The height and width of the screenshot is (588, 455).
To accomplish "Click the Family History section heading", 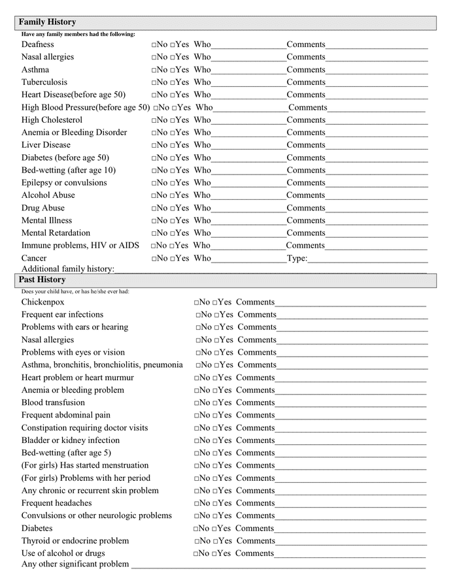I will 47,22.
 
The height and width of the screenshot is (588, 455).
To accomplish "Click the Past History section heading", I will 42,280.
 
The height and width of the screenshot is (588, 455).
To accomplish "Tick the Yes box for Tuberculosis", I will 173,83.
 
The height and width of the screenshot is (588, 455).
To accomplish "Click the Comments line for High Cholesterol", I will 377,121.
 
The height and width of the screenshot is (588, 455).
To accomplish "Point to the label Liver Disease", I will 46,145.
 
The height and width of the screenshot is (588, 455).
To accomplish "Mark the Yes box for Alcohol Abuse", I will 173,196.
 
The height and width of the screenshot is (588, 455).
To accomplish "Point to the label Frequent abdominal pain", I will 65,415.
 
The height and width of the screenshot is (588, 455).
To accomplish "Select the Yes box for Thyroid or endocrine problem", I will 216,542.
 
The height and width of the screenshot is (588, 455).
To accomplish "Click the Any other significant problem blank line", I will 278,564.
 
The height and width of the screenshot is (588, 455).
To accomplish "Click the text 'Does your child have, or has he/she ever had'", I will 75,291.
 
